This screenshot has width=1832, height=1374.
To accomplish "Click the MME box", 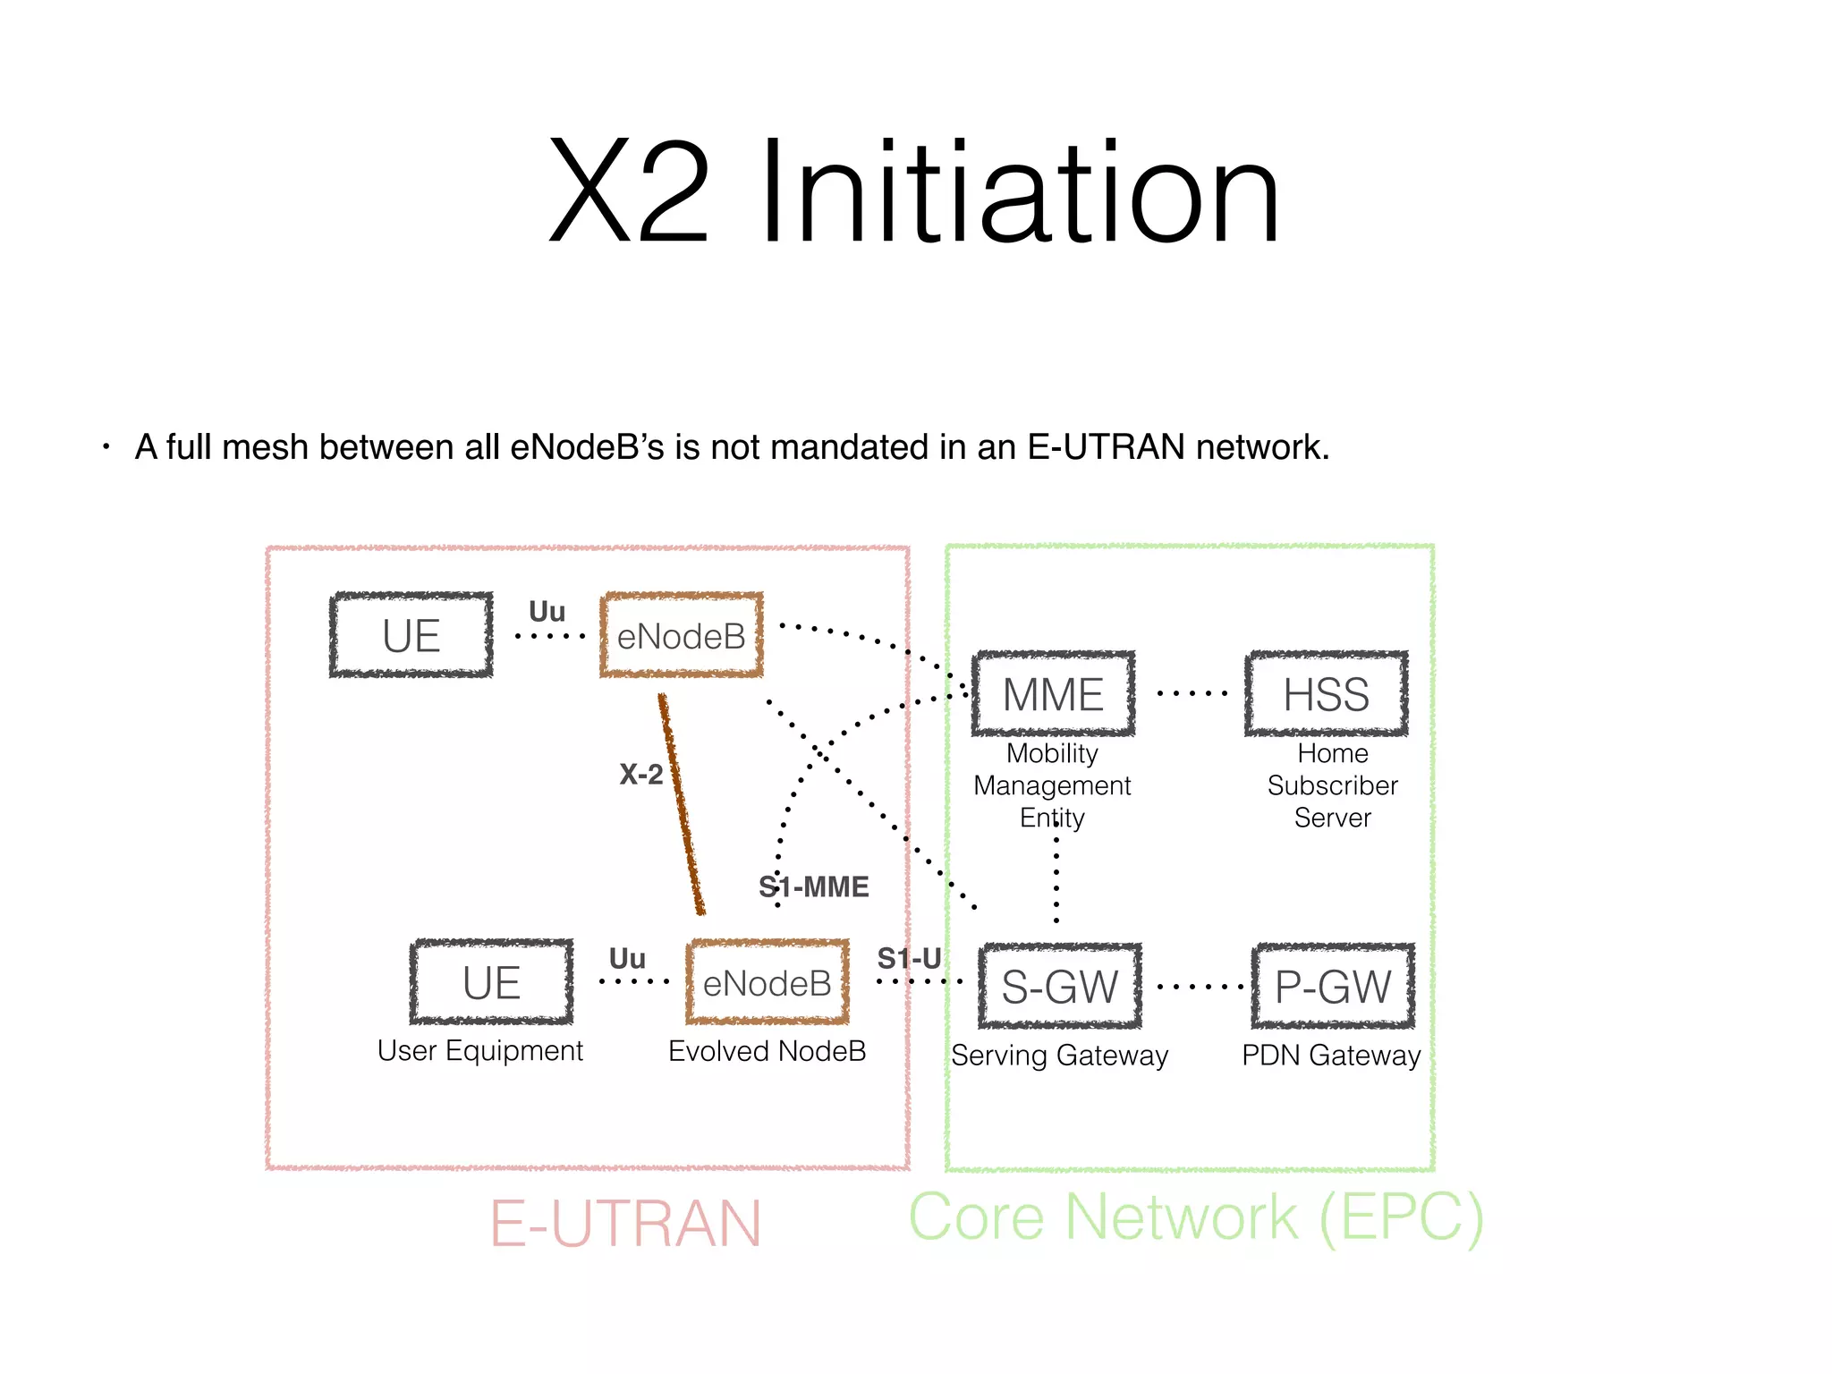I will point(1054,694).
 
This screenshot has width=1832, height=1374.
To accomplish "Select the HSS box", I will point(1326,694).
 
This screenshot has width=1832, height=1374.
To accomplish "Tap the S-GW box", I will point(1059,987).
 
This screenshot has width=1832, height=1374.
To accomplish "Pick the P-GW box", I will point(1333,987).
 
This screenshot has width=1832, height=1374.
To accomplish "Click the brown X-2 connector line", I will point(682,805).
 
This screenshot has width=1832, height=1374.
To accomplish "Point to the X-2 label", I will point(641,774).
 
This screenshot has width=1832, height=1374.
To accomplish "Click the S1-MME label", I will point(814,886).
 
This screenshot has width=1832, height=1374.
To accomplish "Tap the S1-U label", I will point(909,958).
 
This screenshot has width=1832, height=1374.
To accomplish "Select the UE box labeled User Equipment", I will point(491,982).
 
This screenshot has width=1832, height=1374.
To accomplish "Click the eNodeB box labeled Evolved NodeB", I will point(767,982).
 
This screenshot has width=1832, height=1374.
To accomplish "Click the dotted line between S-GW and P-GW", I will point(1199,987).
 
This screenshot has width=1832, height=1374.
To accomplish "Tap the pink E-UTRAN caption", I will point(625,1223).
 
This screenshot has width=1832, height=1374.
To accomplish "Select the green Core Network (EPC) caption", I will point(1196,1217).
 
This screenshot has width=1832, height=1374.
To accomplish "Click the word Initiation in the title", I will point(1020,192).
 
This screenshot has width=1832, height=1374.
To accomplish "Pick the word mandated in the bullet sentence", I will point(849,446).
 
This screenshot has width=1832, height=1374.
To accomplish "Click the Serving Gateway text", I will point(1059,1056).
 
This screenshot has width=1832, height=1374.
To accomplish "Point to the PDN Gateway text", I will point(1331,1056).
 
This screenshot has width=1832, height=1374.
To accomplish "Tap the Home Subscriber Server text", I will point(1332,785).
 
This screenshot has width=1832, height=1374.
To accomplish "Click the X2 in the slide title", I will point(629,192).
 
